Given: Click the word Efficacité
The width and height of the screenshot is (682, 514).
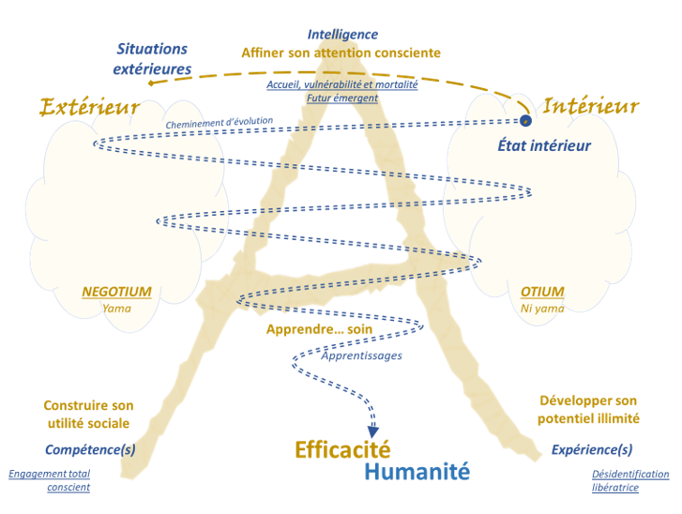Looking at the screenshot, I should [342, 449].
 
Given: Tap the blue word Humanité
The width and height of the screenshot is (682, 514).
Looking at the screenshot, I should [417, 472].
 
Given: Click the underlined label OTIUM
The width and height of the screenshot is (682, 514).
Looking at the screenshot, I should [542, 292].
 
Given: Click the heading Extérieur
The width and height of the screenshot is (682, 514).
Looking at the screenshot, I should [90, 108].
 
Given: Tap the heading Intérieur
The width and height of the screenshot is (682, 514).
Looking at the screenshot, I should [590, 106].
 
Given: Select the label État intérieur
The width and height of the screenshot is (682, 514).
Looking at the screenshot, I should [544, 145].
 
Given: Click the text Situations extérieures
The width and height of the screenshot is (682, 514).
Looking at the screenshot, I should [152, 58].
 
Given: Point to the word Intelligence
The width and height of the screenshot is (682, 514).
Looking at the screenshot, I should [341, 35].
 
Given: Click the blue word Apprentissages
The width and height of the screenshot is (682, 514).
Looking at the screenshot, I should [361, 356].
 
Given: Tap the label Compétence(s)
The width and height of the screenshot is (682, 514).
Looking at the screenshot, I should [90, 450].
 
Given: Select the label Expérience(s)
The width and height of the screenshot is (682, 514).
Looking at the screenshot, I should [591, 450].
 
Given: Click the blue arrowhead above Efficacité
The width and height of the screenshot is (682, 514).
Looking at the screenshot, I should [372, 430].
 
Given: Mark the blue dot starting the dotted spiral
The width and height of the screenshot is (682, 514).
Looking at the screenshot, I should [525, 120].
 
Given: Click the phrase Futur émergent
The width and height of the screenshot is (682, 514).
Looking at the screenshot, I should [341, 98].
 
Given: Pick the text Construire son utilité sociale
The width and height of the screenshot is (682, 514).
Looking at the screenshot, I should [88, 415].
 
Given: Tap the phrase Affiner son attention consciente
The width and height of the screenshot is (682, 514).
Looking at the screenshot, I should [341, 53].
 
